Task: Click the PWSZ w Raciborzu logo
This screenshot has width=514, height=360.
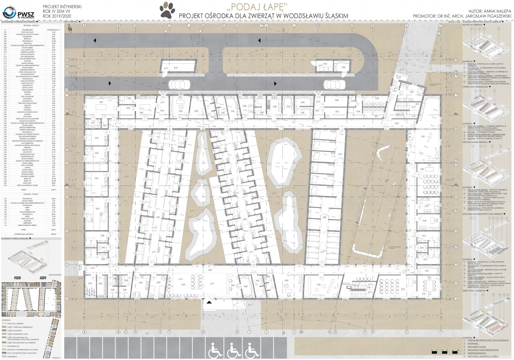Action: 15,13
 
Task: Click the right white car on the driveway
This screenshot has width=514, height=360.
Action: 334,84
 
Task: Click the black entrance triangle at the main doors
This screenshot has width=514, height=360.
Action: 209,302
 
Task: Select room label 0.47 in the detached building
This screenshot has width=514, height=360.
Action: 176,68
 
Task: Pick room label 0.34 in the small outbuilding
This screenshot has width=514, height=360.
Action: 343,67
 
